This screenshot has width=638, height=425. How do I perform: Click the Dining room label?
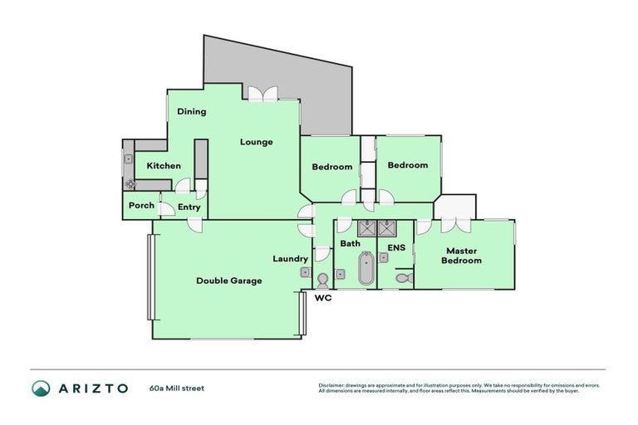191,111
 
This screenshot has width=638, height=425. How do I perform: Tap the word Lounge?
257,142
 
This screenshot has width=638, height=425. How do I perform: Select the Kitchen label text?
164,166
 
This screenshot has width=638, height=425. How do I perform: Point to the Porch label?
141,205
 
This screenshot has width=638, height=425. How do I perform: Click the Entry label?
189,207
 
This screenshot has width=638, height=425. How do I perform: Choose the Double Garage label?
228,281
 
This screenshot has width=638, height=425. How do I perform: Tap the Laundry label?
291,259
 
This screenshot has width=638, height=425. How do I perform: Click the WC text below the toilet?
323,297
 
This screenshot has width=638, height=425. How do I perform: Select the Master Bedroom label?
463,256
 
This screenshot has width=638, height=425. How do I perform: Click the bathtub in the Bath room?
365,270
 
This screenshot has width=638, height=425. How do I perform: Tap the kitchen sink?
128,160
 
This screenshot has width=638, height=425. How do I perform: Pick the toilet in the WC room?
323,280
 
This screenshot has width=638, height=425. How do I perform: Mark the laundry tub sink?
305,271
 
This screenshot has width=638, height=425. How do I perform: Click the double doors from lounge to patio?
263,95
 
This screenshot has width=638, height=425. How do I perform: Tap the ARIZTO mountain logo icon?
41,388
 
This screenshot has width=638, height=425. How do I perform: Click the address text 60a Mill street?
176,388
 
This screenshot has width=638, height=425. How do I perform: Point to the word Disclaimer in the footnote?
331,385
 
